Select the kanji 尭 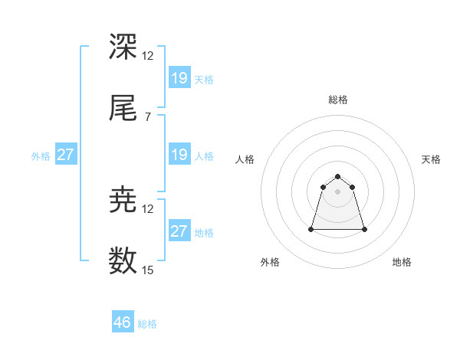tap(123, 200)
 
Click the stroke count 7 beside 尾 tap(147, 116)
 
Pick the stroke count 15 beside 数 tap(148, 270)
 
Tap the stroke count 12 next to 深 tap(148, 55)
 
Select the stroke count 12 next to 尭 tap(148, 208)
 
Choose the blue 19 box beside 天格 tap(179, 78)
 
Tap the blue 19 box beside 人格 tap(179, 155)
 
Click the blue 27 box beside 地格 tap(179, 231)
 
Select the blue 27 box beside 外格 tap(66, 155)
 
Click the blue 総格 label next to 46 tap(147, 324)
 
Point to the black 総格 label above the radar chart tap(338, 100)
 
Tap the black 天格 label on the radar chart tap(432, 159)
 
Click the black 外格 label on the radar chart tap(270, 262)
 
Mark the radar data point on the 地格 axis tap(364, 229)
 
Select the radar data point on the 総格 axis tap(338, 173)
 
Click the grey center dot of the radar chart tap(338, 191)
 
